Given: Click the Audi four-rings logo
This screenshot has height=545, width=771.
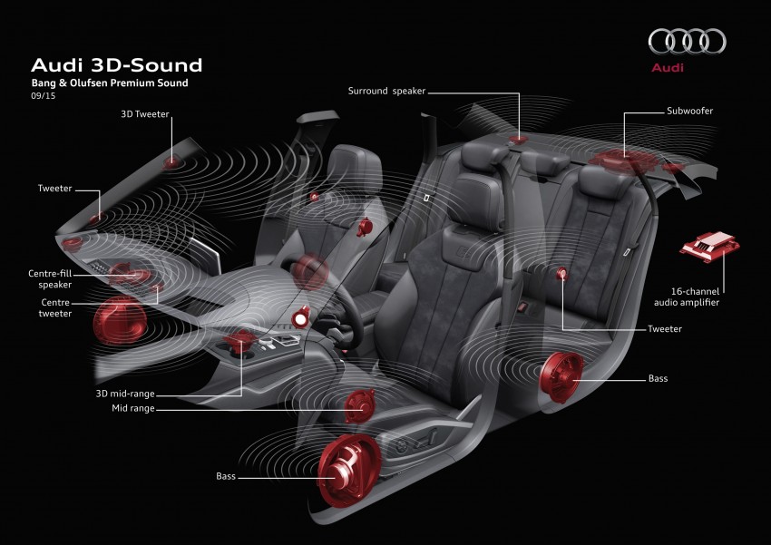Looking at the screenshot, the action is coord(687,41).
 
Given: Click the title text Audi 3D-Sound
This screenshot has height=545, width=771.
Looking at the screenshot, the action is coord(116,65).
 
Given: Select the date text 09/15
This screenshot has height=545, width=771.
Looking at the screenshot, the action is coord(44,96).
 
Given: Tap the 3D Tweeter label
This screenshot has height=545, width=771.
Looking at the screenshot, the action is coord(145,114).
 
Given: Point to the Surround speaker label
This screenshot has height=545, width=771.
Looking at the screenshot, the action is coord(386,91).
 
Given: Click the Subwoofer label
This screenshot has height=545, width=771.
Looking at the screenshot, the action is coord(689,111).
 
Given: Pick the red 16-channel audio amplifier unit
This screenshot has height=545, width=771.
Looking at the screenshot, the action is coord(709,247).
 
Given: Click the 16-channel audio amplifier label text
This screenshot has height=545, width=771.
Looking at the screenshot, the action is coord(687,297).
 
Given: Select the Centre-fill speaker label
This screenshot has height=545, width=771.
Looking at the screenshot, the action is coord(50,279).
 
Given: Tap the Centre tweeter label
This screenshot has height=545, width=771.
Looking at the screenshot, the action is coord(55,308).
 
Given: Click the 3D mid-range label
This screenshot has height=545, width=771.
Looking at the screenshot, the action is coord(125,394).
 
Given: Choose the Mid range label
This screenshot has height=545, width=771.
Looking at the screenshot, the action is coord(132,408).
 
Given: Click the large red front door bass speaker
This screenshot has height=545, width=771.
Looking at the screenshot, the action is coord(349,471).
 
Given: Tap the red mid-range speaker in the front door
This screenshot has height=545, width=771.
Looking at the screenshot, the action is coord(359,406).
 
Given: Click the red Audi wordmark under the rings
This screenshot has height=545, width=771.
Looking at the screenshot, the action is coord(668,68).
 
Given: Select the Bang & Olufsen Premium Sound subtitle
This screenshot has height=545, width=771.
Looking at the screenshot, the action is coord(110,83).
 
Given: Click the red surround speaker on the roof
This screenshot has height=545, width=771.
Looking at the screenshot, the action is coord(518,140).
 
